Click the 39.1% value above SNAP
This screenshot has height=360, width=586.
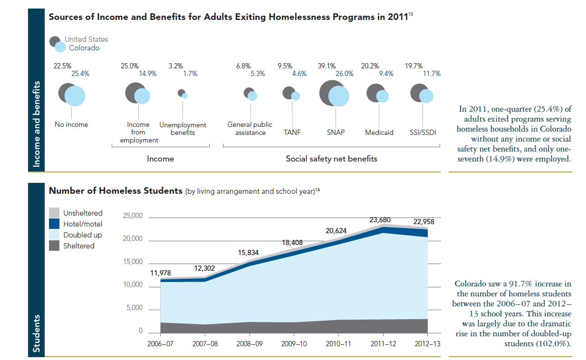pyautogui.click(x=327, y=66)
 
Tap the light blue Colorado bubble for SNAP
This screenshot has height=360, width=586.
pyautogui.click(x=338, y=96)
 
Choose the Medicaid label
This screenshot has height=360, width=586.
pyautogui.click(x=379, y=133)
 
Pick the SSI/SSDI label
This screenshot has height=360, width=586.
pyautogui.click(x=423, y=133)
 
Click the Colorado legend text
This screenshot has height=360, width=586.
pyautogui.click(x=85, y=48)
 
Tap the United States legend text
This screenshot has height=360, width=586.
pyautogui.click(x=86, y=39)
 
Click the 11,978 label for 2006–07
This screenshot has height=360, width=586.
pyautogui.click(x=160, y=273)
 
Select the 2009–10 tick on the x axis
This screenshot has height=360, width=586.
pyautogui.click(x=294, y=343)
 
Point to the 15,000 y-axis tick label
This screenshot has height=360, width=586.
pyautogui.click(x=133, y=262)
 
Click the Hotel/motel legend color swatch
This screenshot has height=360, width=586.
pyautogui.click(x=55, y=224)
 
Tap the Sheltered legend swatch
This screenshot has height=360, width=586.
pyautogui.click(x=55, y=246)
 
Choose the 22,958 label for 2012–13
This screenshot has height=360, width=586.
pyautogui.click(x=424, y=222)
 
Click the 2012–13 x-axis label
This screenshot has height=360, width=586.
pyautogui.click(x=428, y=343)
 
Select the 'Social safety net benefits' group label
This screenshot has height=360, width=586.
pyautogui.click(x=331, y=159)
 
